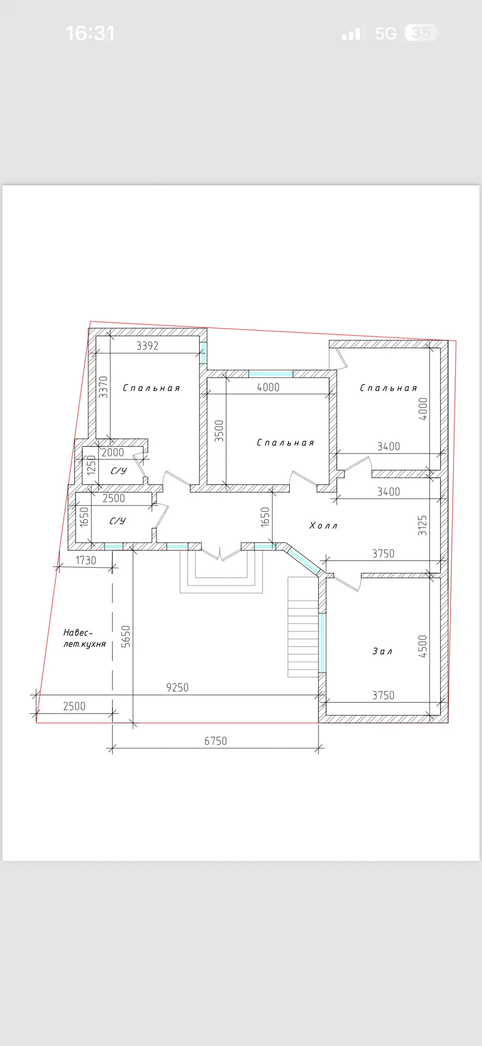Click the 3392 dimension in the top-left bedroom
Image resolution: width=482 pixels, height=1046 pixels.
pyautogui.click(x=147, y=346)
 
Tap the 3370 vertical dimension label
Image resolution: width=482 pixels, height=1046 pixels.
pyautogui.click(x=103, y=387)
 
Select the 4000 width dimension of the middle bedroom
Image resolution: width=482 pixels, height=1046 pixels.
pyautogui.click(x=268, y=387)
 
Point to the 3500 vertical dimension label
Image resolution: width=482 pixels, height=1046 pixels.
pyautogui.click(x=219, y=431)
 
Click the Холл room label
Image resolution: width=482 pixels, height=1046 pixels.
pyautogui.click(x=323, y=525)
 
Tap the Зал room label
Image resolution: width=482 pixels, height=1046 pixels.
pyautogui.click(x=382, y=651)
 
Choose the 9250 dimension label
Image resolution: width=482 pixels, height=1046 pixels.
pyautogui.click(x=177, y=687)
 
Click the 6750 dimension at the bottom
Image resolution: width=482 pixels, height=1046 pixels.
pyautogui.click(x=215, y=741)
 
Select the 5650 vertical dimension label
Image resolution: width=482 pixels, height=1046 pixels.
pyautogui.click(x=126, y=636)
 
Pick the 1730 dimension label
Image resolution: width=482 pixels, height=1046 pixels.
pyautogui.click(x=86, y=560)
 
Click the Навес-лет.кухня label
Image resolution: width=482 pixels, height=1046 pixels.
pyautogui.click(x=85, y=638)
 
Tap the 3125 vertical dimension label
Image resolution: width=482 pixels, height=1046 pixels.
pyautogui.click(x=423, y=525)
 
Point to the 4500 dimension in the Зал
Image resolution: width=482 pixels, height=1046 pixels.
pyautogui.click(x=423, y=646)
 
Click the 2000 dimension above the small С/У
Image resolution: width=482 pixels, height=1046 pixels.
pyautogui.click(x=112, y=452)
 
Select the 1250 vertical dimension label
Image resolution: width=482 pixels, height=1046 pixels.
pyautogui.click(x=92, y=465)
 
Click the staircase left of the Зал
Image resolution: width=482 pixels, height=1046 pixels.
pyautogui.click(x=304, y=627)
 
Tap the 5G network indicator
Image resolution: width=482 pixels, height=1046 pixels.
pyautogui.click(x=386, y=34)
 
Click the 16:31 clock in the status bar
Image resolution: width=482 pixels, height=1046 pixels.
pyautogui.click(x=90, y=33)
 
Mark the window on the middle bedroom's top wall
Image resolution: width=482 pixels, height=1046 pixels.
pyautogui.click(x=270, y=374)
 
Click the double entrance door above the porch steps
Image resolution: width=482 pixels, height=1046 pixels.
pyautogui.click(x=221, y=552)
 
